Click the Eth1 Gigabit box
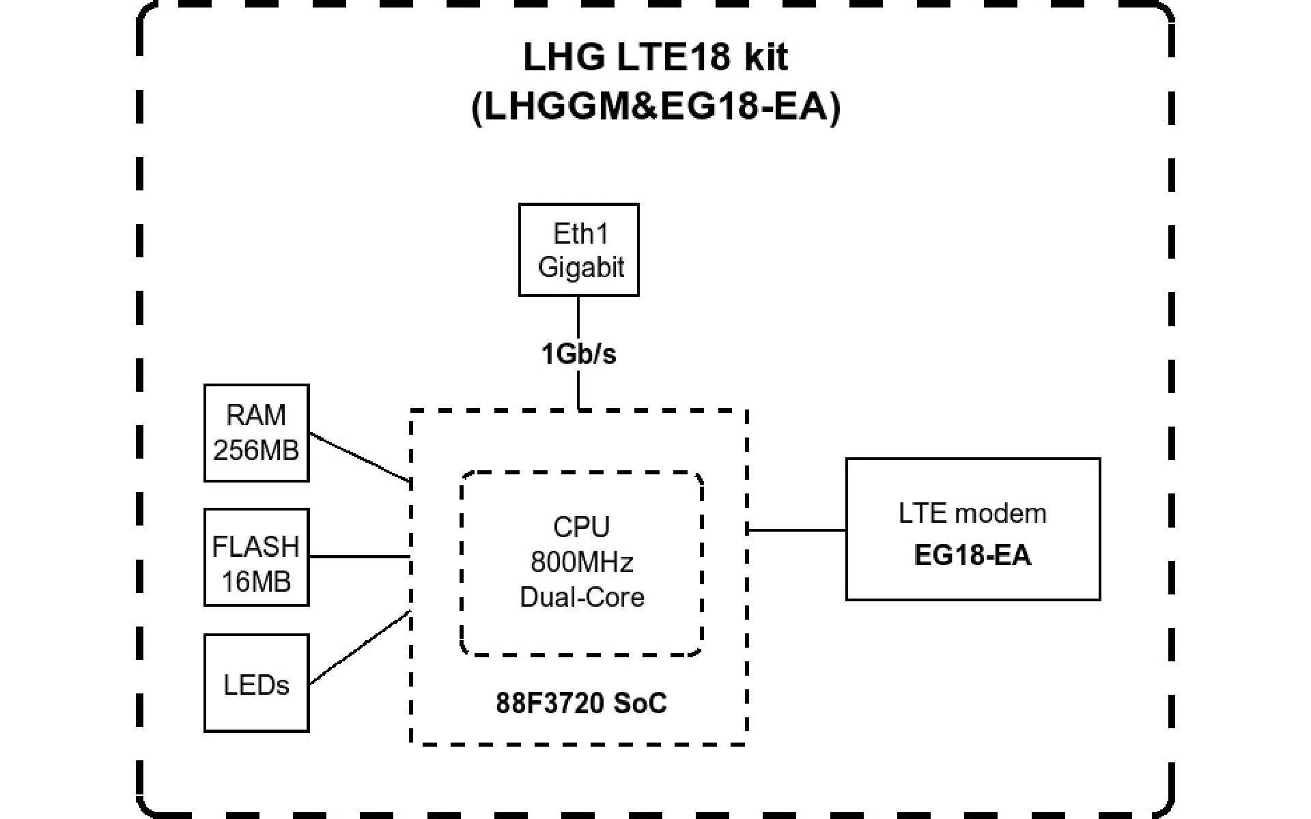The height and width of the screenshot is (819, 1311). [x=578, y=250]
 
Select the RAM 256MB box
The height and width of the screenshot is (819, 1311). [x=256, y=433]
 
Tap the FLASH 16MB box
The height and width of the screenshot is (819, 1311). [x=256, y=557]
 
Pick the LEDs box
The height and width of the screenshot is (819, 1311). [x=256, y=683]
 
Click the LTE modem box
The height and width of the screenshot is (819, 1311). [x=972, y=529]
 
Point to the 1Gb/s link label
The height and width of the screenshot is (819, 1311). [x=578, y=354]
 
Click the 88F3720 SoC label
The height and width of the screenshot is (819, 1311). [x=581, y=703]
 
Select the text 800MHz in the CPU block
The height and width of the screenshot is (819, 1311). [x=582, y=562]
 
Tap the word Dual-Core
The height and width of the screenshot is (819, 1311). [x=582, y=597]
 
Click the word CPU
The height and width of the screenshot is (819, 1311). [x=582, y=527]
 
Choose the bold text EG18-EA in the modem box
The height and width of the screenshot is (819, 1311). [x=972, y=556]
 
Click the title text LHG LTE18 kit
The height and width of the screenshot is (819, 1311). [x=655, y=57]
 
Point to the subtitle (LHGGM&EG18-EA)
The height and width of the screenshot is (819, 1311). [x=655, y=107]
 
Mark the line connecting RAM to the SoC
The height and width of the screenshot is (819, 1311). [x=359, y=456]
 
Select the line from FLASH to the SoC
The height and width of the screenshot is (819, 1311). [x=359, y=556]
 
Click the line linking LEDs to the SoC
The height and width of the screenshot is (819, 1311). [x=359, y=648]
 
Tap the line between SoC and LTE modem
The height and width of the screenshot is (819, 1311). [x=797, y=530]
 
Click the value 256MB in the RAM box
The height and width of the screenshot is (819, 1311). [x=256, y=450]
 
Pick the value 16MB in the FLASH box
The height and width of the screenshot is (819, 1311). [x=256, y=581]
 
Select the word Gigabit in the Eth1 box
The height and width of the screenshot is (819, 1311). [x=580, y=267]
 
